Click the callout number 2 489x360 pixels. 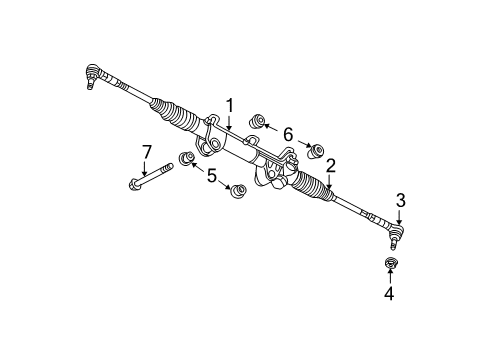[x=329, y=167]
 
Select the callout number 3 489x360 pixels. [x=400, y=201]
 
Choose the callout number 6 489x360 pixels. [x=288, y=134]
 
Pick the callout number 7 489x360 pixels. [x=146, y=152]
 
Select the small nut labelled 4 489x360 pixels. [x=390, y=264]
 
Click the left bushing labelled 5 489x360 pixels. [x=185, y=158]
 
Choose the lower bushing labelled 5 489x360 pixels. [x=237, y=191]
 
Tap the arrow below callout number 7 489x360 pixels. [x=146, y=168]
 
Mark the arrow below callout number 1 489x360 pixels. [x=229, y=123]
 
